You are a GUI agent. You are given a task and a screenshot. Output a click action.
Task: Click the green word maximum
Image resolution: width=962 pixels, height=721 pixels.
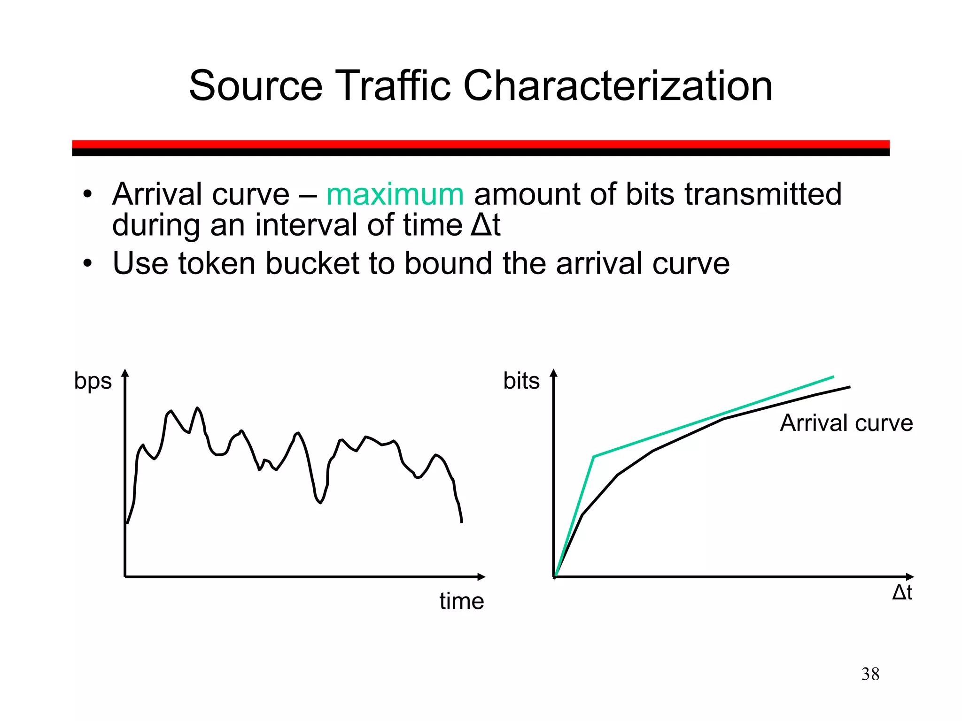click(395, 194)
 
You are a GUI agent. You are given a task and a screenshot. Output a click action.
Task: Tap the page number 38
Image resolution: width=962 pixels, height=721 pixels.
click(870, 674)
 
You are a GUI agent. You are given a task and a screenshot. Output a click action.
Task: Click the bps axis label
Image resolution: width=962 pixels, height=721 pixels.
click(93, 381)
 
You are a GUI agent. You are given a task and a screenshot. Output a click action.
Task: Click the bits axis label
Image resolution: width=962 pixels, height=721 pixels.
click(521, 381)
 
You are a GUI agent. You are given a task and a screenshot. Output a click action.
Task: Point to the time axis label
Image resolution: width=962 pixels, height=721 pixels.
click(461, 601)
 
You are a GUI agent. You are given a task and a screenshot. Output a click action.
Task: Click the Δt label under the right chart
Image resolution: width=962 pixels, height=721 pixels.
click(902, 592)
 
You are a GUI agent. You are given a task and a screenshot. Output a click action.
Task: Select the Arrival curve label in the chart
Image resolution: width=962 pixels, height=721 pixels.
click(846, 423)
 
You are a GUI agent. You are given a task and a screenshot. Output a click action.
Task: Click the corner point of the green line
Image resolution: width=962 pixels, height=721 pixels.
click(594, 456)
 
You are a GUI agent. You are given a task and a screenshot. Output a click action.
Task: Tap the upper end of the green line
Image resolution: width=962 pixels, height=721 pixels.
click(833, 376)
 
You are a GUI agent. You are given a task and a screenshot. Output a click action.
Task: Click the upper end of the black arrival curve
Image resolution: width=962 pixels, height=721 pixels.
click(849, 387)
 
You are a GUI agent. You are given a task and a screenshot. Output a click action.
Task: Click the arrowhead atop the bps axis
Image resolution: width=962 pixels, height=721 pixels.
click(125, 373)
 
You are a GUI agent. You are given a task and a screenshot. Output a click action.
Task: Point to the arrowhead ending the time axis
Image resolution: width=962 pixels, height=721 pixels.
click(482, 576)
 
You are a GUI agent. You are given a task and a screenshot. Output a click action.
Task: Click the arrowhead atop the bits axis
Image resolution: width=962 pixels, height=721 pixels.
click(553, 373)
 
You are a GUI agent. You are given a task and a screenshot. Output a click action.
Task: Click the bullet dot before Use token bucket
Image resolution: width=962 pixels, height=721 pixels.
click(87, 263)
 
